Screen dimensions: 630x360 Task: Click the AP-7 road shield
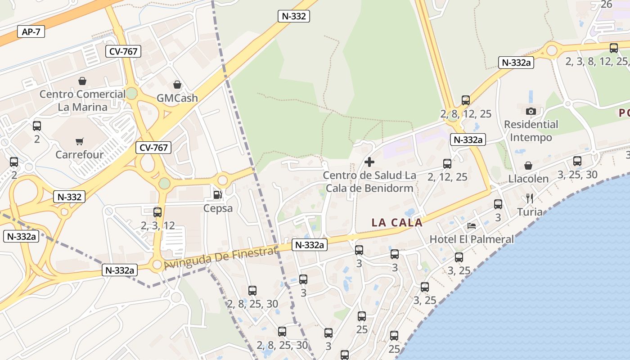(31, 31)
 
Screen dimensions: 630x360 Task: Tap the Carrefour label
(80, 155)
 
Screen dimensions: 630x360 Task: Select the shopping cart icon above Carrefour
(80, 142)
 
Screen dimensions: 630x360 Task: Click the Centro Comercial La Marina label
(83, 100)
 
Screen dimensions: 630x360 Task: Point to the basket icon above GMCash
(177, 85)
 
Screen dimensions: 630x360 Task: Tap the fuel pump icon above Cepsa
(218, 195)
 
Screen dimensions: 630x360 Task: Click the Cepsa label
(218, 208)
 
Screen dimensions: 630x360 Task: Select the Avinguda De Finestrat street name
(220, 259)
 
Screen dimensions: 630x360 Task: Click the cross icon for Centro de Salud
(369, 162)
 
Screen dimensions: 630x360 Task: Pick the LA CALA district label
(397, 222)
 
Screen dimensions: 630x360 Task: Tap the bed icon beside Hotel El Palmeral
(472, 225)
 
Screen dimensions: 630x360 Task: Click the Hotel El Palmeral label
(472, 239)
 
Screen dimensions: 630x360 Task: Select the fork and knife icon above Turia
(530, 198)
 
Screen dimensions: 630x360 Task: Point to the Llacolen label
(528, 179)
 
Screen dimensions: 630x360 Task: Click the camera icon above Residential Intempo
(531, 111)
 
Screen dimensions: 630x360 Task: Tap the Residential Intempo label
(531, 130)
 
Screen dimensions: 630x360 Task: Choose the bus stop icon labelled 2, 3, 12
(157, 212)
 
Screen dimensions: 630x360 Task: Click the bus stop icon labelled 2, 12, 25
(447, 164)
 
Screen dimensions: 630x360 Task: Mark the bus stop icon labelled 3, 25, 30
(577, 161)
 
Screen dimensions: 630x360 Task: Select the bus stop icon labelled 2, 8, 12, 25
(466, 100)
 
